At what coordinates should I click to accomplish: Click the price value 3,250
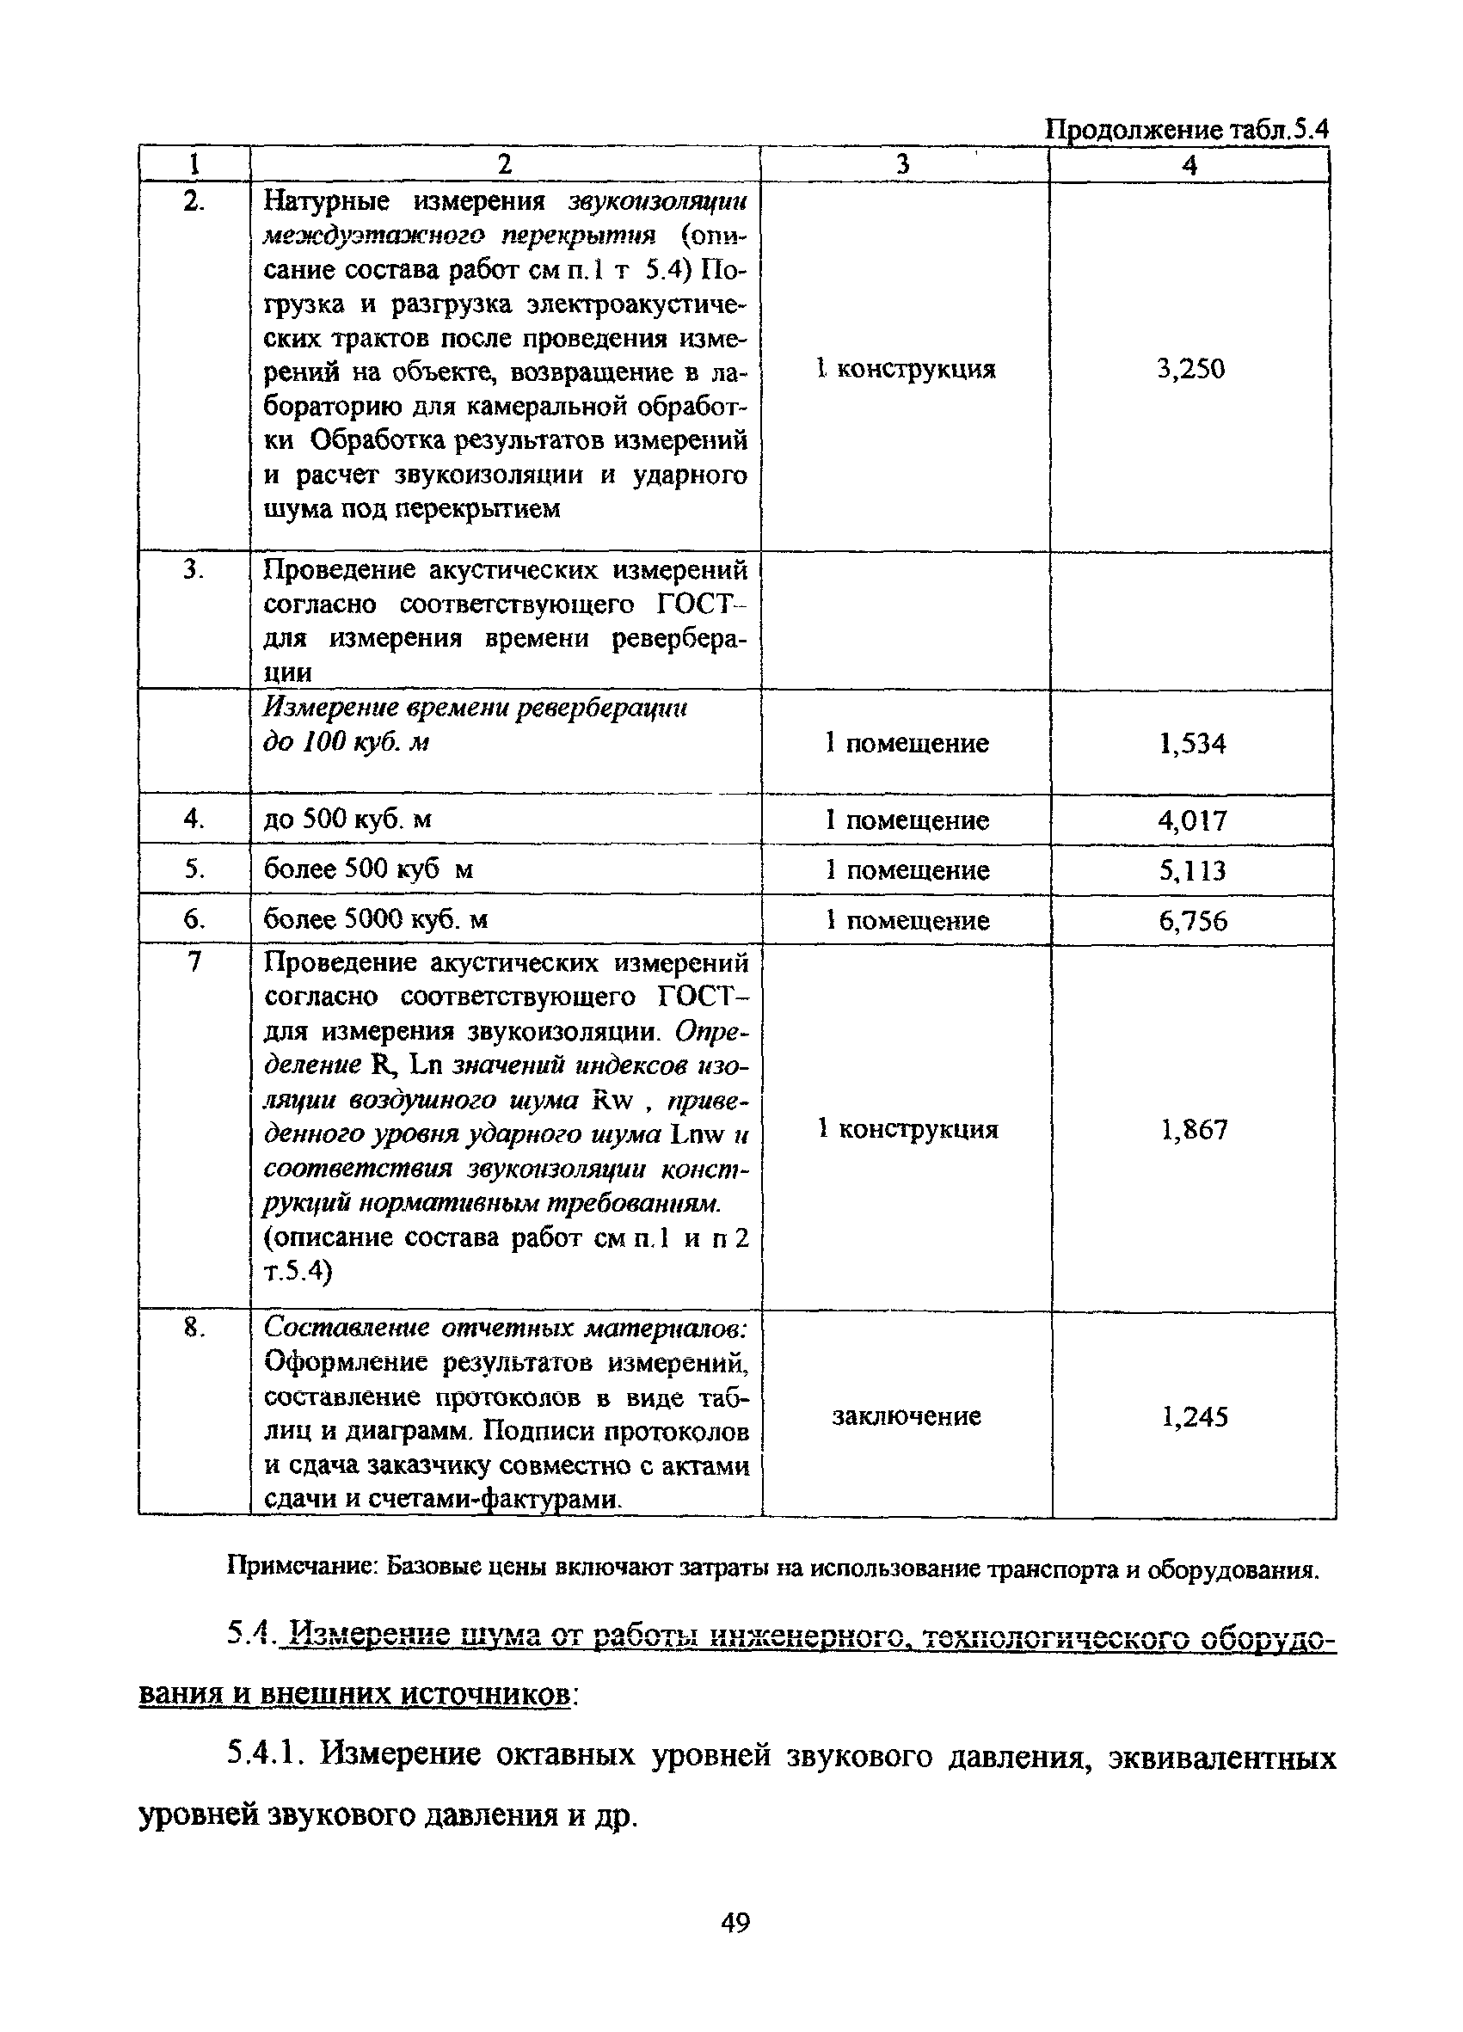pos(1189,369)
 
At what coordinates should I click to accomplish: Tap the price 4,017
pos(1191,820)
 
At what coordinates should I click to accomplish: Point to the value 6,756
pos(1192,921)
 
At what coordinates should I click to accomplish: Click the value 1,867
pos(1193,1130)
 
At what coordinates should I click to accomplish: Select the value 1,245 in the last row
pos(1195,1416)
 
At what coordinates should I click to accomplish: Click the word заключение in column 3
pos(907,1415)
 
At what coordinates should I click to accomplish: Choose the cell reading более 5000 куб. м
pos(375,920)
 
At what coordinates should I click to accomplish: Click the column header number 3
pos(903,164)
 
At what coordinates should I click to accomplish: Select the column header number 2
pos(504,164)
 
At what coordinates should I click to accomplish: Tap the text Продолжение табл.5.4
pos(1187,131)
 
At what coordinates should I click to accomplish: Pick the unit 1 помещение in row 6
pos(907,921)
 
